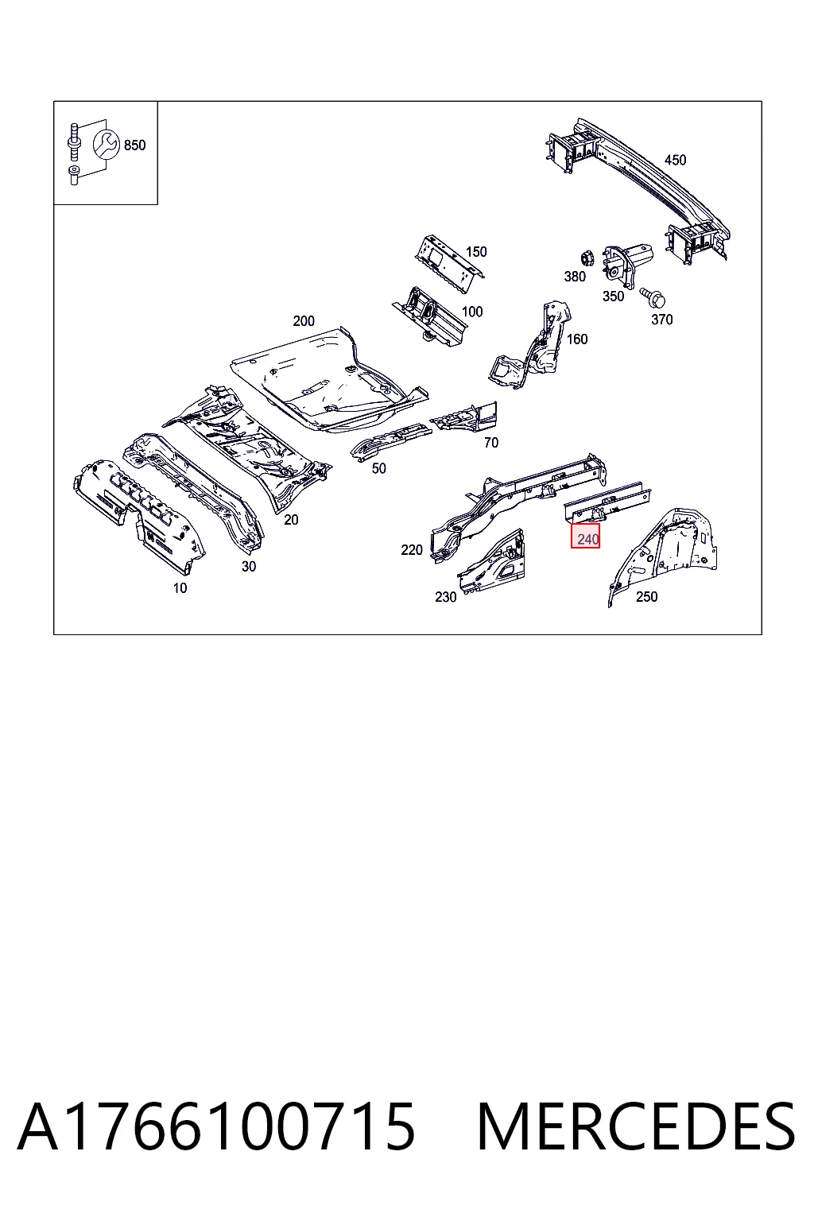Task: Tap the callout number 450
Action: [x=675, y=160]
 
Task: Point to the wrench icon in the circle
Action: [x=106, y=144]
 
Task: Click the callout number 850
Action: [x=134, y=145]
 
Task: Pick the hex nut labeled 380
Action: [x=587, y=258]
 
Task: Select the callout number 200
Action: [x=304, y=321]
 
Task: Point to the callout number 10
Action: [x=180, y=588]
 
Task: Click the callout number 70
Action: [x=491, y=443]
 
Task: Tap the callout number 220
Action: [x=412, y=550]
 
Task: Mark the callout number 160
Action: [x=577, y=339]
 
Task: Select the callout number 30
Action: [x=249, y=567]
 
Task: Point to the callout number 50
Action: [x=379, y=468]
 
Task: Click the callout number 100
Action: [x=472, y=312]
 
